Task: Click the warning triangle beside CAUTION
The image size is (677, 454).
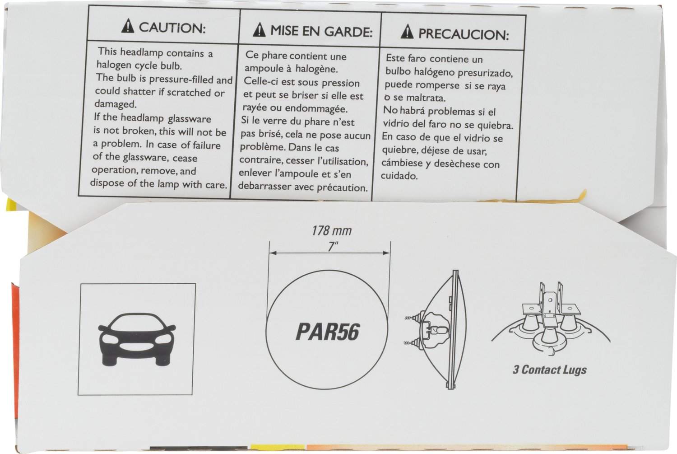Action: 128,26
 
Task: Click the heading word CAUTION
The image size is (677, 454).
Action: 172,28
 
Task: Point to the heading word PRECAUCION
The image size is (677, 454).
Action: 464,34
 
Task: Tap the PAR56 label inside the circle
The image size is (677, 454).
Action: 328,332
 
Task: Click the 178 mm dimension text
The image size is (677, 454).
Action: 332,231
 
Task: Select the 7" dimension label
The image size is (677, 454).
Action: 333,247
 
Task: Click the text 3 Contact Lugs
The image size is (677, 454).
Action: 549,370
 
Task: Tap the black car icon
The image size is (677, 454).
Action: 137,339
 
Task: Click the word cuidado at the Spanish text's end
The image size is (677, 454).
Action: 399,176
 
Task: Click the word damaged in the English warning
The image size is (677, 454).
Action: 116,104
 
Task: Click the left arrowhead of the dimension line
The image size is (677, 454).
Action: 273,253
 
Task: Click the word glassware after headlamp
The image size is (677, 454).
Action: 190,119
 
